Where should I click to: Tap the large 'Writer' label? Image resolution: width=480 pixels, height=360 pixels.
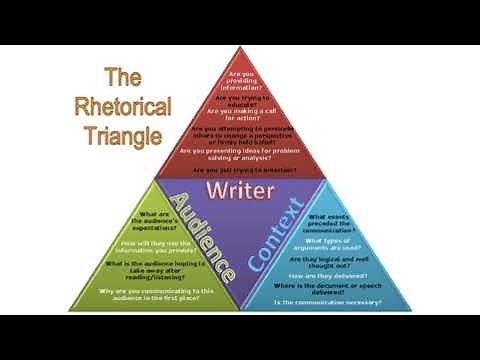(x=239, y=189)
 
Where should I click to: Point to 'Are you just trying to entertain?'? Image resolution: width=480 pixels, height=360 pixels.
(x=240, y=171)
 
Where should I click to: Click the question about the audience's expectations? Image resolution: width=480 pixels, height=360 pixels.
(x=153, y=219)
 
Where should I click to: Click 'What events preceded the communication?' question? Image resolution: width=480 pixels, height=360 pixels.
(x=329, y=221)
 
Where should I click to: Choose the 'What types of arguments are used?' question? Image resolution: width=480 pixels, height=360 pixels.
(x=329, y=243)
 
